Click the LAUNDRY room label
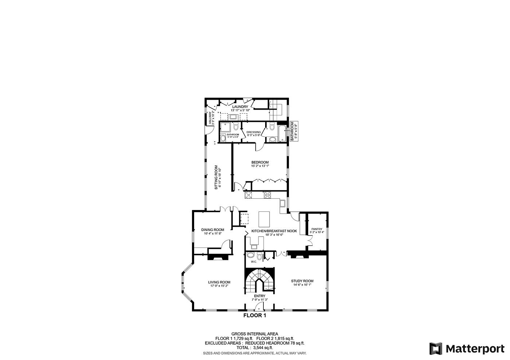(x=240, y=107)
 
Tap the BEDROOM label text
(x=260, y=162)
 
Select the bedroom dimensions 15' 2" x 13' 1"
(x=260, y=166)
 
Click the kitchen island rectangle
(x=264, y=219)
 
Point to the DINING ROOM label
(x=213, y=230)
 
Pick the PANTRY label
(x=317, y=229)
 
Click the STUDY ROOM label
(x=302, y=281)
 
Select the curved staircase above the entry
(x=259, y=280)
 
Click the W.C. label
(x=254, y=262)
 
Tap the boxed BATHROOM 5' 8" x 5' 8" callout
(x=294, y=132)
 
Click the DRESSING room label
(x=254, y=132)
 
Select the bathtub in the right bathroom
(x=282, y=134)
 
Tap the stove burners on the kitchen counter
(x=267, y=195)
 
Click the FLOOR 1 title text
(x=255, y=316)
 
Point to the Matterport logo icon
(x=435, y=348)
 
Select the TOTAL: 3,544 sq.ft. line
(x=255, y=348)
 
